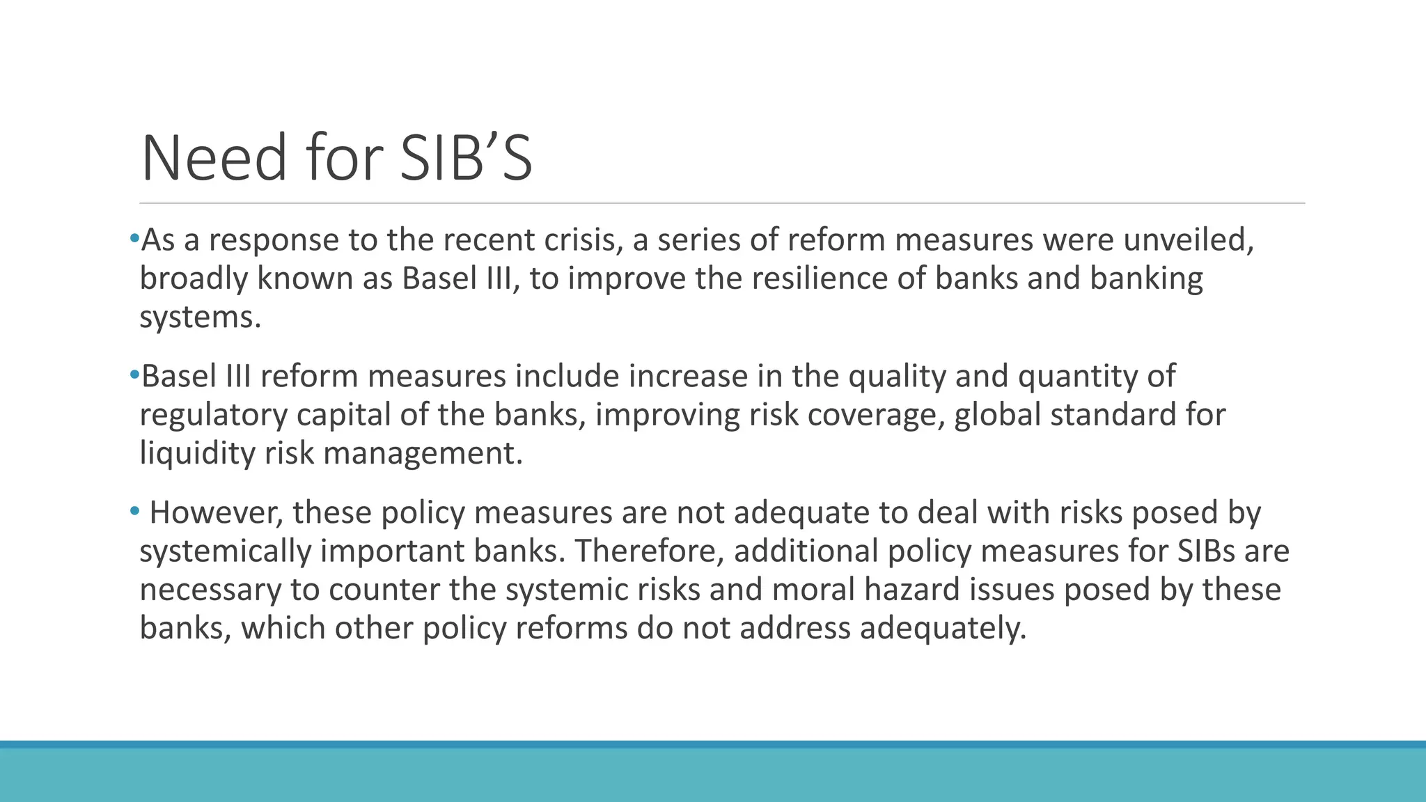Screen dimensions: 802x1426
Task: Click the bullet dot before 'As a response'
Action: tap(134, 239)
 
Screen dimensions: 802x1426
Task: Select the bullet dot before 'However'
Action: tap(134, 512)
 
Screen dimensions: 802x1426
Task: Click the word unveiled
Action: tap(1189, 240)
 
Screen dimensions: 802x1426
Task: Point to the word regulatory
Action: tap(214, 416)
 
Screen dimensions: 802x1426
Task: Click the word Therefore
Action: tap(650, 551)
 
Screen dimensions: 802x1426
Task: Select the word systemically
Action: tap(225, 551)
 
